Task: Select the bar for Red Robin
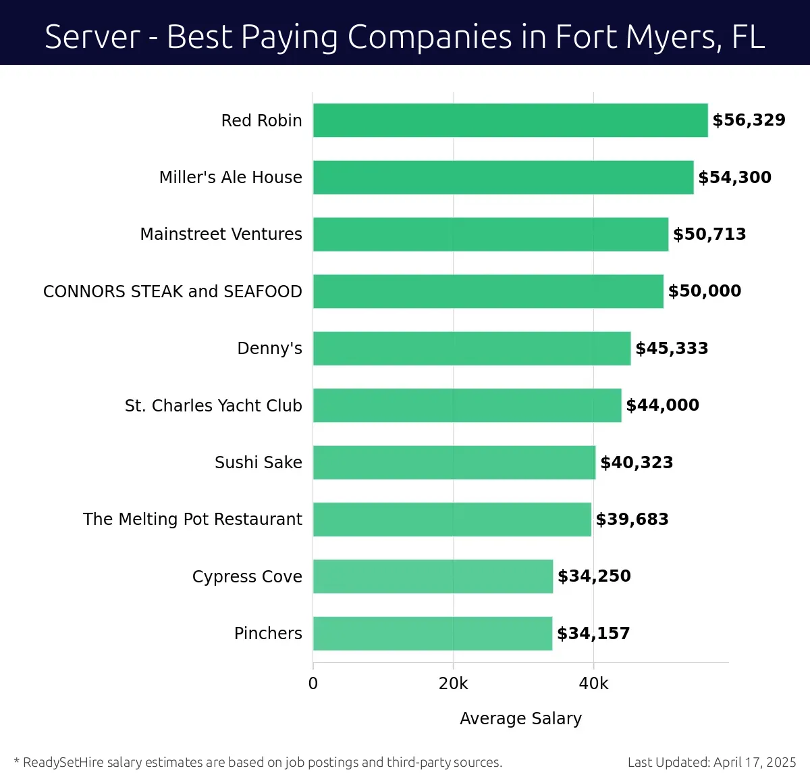(510, 120)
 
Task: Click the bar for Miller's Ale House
(503, 177)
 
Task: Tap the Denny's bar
(472, 348)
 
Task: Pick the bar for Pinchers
(433, 633)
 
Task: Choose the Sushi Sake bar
(454, 462)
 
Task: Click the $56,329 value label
(749, 120)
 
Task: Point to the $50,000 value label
(704, 291)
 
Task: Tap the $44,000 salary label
(662, 405)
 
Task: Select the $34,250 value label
(594, 576)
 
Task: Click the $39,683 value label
(632, 520)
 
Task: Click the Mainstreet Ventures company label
(221, 234)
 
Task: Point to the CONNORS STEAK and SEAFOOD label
(172, 291)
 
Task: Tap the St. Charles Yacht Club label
(213, 405)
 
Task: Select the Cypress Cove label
(247, 576)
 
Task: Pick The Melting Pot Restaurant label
(192, 520)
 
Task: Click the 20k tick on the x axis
(453, 684)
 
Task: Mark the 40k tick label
(593, 684)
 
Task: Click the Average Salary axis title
(520, 718)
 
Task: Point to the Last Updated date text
(711, 762)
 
